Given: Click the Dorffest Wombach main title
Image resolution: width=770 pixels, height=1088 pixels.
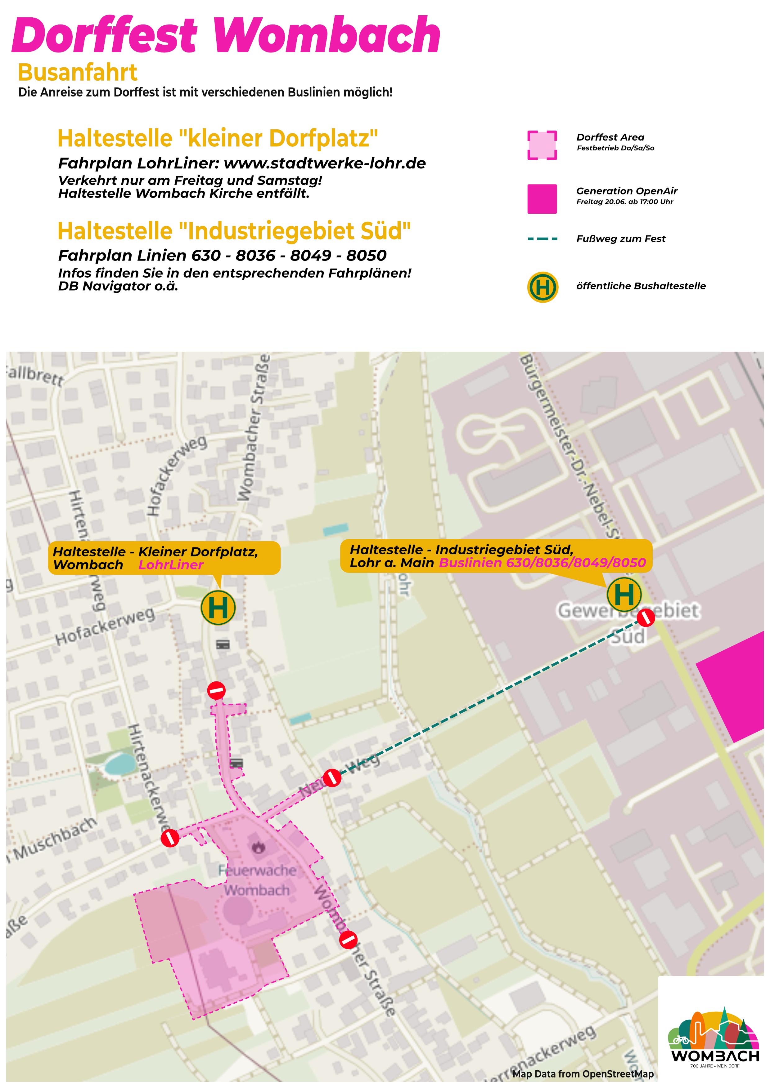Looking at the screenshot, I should coord(226,36).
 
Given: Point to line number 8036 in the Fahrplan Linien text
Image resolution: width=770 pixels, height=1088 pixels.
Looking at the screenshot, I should coord(255,256).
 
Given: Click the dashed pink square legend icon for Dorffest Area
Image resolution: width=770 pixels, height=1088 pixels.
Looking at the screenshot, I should coord(542,145).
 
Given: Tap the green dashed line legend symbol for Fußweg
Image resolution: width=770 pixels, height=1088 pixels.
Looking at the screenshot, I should coord(542,239).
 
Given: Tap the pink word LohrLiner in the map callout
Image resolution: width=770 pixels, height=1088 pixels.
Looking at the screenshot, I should coord(171,565).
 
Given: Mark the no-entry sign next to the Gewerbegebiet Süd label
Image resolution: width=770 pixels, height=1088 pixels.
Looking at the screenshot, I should coord(646,618).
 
